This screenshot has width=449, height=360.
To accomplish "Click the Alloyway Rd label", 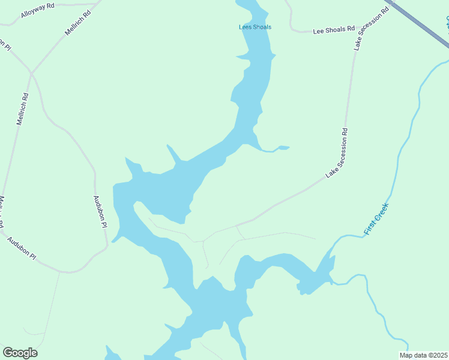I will (37, 10).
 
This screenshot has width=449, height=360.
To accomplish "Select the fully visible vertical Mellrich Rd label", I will (22, 108).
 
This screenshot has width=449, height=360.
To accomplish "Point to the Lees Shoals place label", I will (255, 27).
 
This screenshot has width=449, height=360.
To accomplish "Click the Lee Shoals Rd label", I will (334, 30).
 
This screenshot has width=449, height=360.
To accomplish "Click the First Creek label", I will (376, 219).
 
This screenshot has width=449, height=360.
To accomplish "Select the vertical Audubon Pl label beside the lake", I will (100, 211).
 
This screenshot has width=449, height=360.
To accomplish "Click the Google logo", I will (20, 353).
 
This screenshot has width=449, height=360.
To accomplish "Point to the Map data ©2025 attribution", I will (423, 355).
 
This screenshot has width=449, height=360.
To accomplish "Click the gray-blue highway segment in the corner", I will (420, 24).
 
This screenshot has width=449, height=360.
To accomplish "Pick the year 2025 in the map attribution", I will (439, 355).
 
